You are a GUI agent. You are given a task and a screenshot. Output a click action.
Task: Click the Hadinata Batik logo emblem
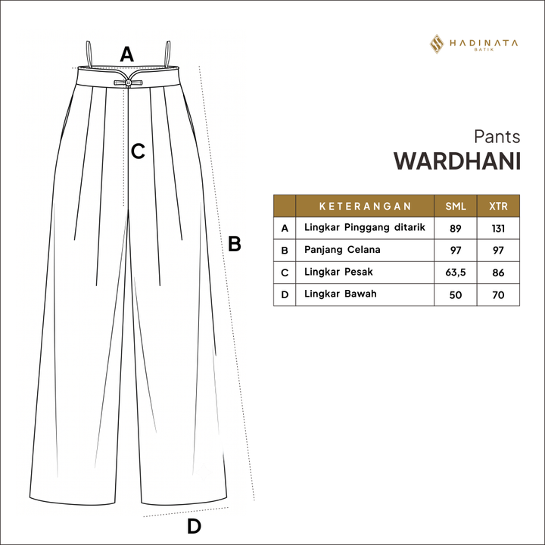(x=437, y=44)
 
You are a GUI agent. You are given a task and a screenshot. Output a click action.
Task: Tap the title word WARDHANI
(x=456, y=161)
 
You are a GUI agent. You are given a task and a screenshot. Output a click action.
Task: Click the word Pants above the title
(x=497, y=136)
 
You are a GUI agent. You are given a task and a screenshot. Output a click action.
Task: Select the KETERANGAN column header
(x=365, y=206)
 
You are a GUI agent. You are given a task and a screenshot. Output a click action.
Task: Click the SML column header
(x=456, y=206)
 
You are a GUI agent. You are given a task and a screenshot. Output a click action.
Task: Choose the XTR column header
(x=498, y=206)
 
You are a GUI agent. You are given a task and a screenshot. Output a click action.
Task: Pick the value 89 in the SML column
(x=456, y=229)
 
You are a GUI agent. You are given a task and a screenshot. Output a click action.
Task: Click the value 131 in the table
(x=498, y=229)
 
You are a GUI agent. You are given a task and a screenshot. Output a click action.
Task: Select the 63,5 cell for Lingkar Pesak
(x=456, y=272)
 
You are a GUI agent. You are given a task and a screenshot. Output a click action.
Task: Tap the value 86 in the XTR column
(x=498, y=272)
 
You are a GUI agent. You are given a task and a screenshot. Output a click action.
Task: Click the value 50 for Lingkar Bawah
(x=456, y=294)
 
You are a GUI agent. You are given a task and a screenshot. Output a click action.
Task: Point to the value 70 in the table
(x=498, y=294)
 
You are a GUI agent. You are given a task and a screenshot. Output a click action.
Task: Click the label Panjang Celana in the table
(x=342, y=250)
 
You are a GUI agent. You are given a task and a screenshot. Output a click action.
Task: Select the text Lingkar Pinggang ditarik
(x=365, y=228)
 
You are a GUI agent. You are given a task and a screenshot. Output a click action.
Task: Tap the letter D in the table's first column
(x=285, y=294)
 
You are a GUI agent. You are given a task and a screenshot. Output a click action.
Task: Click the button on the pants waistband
(x=128, y=83)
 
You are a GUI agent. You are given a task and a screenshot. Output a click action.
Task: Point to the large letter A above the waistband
(x=127, y=54)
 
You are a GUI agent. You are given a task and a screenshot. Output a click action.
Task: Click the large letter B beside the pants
(x=235, y=244)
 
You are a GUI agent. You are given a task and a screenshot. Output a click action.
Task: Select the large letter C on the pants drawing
(x=138, y=151)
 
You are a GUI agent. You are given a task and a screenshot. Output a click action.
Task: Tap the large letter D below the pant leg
(x=194, y=526)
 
